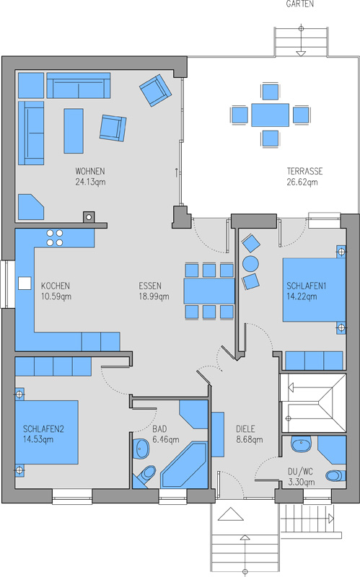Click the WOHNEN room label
(x=89, y=171)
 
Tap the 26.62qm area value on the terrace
(x=302, y=182)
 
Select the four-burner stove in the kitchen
(x=55, y=238)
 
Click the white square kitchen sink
(x=25, y=283)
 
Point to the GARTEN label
(x=300, y=4)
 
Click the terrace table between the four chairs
(x=271, y=115)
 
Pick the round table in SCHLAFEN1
(x=250, y=263)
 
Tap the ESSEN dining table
(x=209, y=291)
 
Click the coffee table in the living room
(x=74, y=131)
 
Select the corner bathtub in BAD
(x=185, y=465)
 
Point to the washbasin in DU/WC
(x=301, y=444)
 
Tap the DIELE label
(x=245, y=428)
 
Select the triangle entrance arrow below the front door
(x=230, y=514)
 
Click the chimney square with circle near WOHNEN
(x=88, y=217)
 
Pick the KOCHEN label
(x=56, y=286)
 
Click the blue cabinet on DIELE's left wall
(x=218, y=435)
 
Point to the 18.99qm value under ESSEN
(x=154, y=296)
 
